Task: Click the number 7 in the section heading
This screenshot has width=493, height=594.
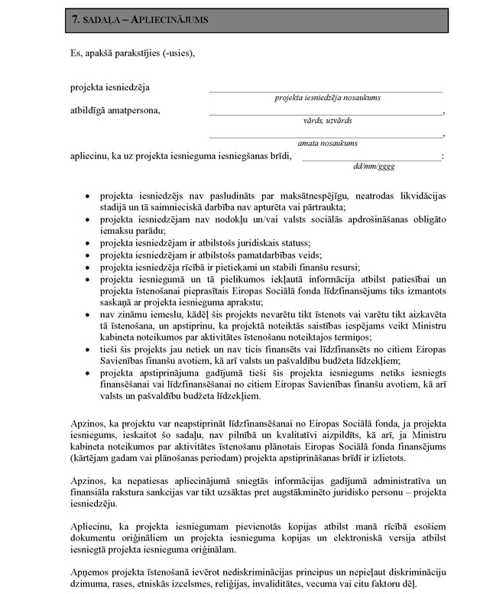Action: click(75, 17)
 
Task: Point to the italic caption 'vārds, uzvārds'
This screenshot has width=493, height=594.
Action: click(328, 119)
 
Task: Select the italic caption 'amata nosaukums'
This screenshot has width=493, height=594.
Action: click(328, 143)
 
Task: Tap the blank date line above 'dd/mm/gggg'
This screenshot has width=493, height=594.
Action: click(371, 159)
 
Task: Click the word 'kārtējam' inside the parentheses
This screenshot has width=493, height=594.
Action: click(93, 458)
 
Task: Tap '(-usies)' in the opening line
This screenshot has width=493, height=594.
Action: click(177, 53)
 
